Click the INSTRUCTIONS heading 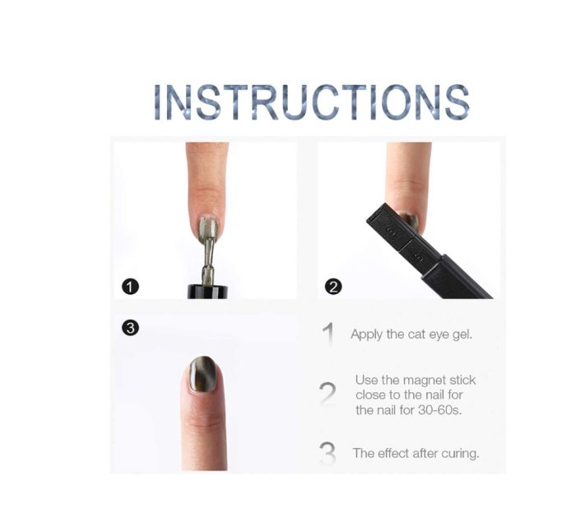311,102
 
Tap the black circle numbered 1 130,287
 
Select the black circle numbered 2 333,287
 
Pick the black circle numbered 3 130,328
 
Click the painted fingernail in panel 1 209,227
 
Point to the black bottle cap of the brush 207,292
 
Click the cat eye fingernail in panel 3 203,375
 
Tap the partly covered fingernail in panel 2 410,220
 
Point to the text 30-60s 439,409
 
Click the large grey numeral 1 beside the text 329,334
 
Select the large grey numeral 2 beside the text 327,393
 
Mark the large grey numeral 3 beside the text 327,453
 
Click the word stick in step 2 462,380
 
